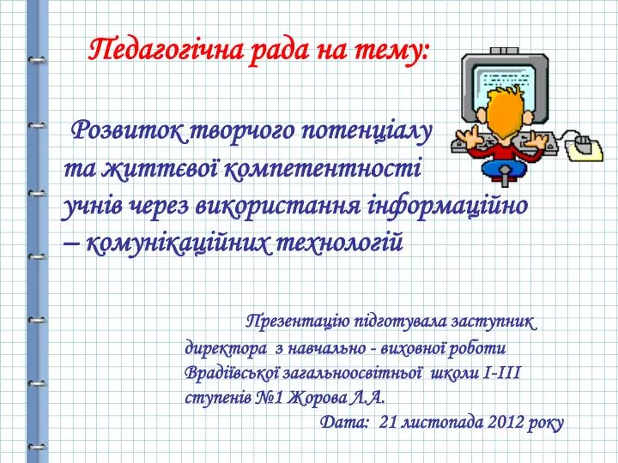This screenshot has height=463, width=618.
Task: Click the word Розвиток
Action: [126, 131]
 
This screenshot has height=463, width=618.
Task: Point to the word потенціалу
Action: [367, 132]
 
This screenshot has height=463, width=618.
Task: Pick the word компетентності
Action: [323, 169]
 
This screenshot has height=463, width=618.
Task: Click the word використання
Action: [277, 207]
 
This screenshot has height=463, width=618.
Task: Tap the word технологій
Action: [340, 242]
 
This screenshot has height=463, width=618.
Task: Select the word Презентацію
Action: [297, 322]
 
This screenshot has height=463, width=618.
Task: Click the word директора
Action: [226, 349]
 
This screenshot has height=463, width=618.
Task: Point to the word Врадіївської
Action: [232, 372]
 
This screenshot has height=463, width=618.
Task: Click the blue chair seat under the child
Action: [505, 169]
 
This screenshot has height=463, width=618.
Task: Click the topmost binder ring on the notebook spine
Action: [37, 60]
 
